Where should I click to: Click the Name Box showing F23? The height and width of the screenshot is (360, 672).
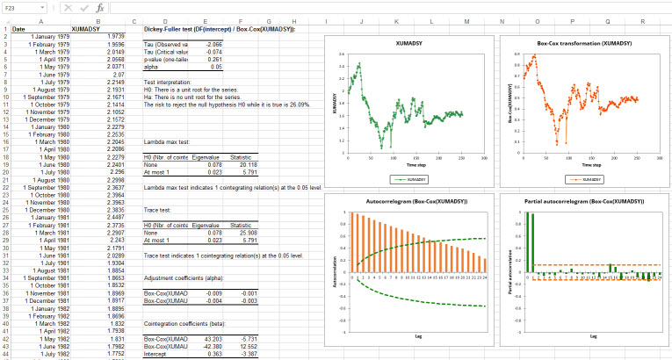point(19,7)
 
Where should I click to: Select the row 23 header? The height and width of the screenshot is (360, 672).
point(4,187)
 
